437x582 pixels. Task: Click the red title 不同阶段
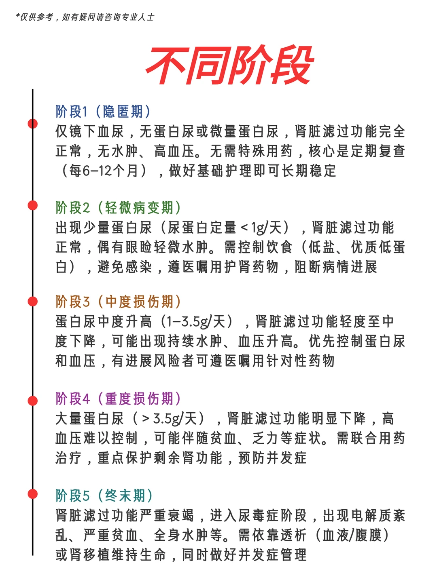pos(229,65)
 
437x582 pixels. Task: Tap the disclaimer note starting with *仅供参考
pos(85,17)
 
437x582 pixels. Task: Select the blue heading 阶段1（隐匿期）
pos(104,112)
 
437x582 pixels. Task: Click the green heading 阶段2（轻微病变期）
pos(118,208)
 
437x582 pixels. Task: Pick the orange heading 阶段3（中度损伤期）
pos(118,302)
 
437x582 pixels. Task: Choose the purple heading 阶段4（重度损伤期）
pos(118,399)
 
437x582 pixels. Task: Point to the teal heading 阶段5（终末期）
pos(104,496)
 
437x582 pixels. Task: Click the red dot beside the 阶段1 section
pos(33,124)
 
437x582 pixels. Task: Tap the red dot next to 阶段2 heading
pos(33,206)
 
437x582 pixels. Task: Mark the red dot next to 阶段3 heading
pos(33,302)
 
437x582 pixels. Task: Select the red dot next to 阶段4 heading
pos(33,401)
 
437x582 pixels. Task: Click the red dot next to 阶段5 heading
pos(33,494)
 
